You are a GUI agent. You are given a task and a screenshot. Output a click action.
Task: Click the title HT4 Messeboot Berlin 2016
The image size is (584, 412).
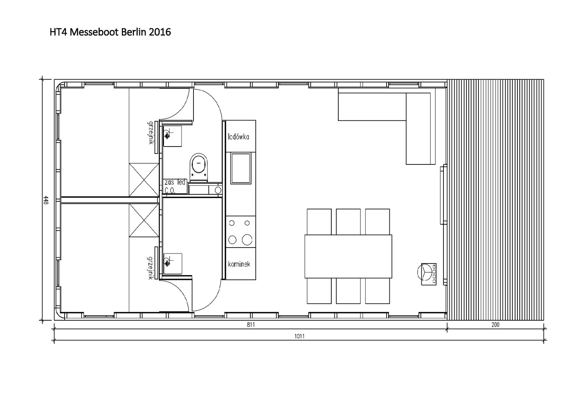(x=110, y=32)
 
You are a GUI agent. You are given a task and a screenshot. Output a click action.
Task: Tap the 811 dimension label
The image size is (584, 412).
(x=251, y=325)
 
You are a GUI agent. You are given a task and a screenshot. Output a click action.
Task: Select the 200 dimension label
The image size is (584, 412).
(x=495, y=325)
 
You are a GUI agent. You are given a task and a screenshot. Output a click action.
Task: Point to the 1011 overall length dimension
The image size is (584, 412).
(x=299, y=336)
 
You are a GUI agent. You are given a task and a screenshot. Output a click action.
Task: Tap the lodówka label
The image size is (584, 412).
(x=238, y=137)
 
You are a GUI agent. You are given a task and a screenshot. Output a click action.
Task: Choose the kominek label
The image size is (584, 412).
(x=239, y=264)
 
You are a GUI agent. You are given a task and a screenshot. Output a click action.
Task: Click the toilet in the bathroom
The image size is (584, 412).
(x=199, y=167)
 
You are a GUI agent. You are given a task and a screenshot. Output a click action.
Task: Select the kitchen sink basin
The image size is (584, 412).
(x=241, y=168)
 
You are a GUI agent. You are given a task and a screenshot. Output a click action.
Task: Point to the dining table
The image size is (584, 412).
(x=348, y=257)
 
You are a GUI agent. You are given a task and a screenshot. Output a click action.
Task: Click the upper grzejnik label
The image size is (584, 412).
(x=150, y=133)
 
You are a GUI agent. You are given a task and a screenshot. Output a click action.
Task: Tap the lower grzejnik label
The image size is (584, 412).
(x=150, y=268)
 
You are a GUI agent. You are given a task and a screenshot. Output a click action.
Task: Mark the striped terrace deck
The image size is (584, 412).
(x=495, y=200)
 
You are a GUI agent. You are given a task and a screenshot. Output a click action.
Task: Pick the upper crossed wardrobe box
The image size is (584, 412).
(x=144, y=180)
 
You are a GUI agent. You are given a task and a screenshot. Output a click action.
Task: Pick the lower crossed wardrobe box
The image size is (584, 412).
(x=144, y=220)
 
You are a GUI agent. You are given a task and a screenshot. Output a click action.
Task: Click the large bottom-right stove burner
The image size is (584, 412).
(x=247, y=240)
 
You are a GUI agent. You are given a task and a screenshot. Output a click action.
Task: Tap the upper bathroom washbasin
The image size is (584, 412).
(x=172, y=136)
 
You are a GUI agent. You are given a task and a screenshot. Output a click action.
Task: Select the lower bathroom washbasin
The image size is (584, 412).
(x=172, y=264)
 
